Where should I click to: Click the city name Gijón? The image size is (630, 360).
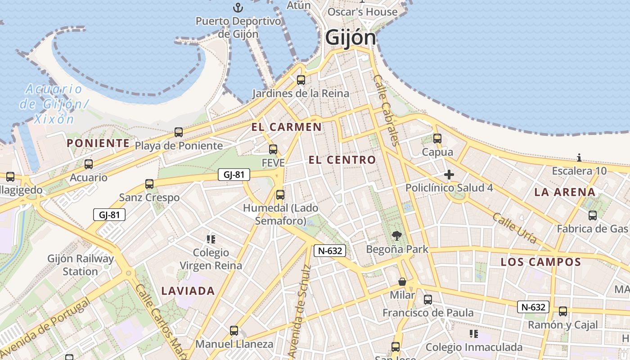tap(350, 37)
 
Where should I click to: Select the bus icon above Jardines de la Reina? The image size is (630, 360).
tap(301, 80)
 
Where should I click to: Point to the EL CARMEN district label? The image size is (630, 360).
tap(287, 127)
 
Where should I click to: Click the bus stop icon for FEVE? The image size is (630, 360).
tap(273, 149)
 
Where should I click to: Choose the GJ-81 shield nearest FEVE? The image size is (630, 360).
tap(234, 175)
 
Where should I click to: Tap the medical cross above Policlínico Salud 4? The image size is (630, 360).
tap(449, 175)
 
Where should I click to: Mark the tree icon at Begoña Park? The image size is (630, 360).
tap(396, 235)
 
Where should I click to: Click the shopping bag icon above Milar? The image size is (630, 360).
tap(402, 282)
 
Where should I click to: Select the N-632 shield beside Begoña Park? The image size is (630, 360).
tap(330, 251)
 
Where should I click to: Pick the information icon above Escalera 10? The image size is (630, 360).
tap(579, 157)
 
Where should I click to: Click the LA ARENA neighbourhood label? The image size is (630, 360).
tap(565, 192)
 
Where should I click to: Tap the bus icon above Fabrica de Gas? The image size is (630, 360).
tap(593, 215)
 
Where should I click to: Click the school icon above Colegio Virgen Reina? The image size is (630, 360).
tap(211, 239)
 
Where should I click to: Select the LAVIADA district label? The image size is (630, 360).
tap(188, 291)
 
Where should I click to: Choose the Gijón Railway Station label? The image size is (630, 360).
tap(81, 265)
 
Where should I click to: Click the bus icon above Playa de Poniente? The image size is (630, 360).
tap(179, 132)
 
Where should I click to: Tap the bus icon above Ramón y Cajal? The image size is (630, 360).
tap(562, 311)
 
